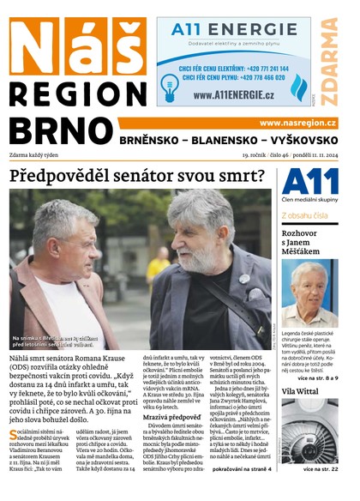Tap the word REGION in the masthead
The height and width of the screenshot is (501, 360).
pos(78,92)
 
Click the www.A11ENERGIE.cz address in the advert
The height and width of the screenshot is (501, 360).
pos(232,95)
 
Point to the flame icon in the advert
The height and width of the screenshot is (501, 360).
pos(298,87)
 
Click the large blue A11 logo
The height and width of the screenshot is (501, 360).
pos(306,182)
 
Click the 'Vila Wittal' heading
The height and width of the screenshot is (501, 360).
pos(299,391)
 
